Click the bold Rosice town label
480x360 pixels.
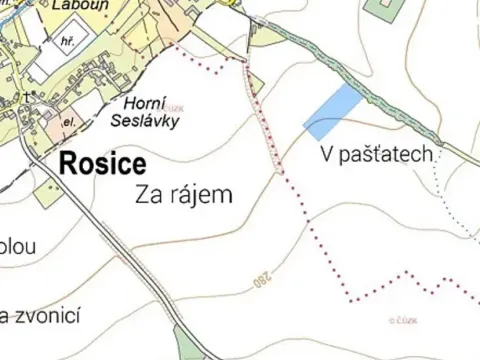coord(103,163)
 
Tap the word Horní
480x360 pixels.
coord(144,102)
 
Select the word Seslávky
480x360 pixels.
coord(151,121)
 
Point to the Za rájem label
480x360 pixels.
coord(182,195)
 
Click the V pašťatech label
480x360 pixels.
coord(377,155)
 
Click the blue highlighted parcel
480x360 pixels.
coord(332,111)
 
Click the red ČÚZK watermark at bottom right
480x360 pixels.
coord(406,321)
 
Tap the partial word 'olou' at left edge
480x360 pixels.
coord(18,246)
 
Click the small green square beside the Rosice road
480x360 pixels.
coord(47,193)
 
